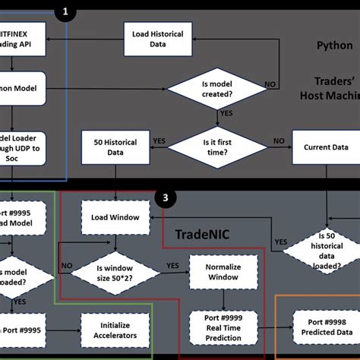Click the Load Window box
click(x=115, y=217)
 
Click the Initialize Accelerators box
click(x=115, y=327)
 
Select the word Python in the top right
click(x=334, y=46)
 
